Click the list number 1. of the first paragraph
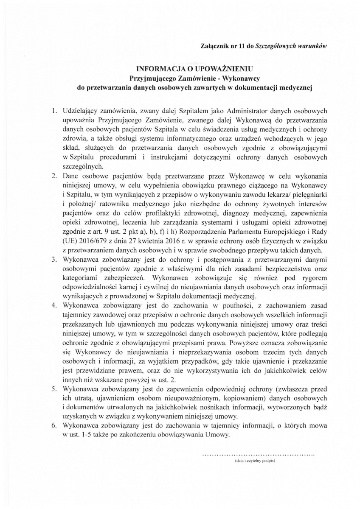[x=54, y=111]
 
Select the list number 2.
[x=54, y=175]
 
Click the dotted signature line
[x=259, y=454]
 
